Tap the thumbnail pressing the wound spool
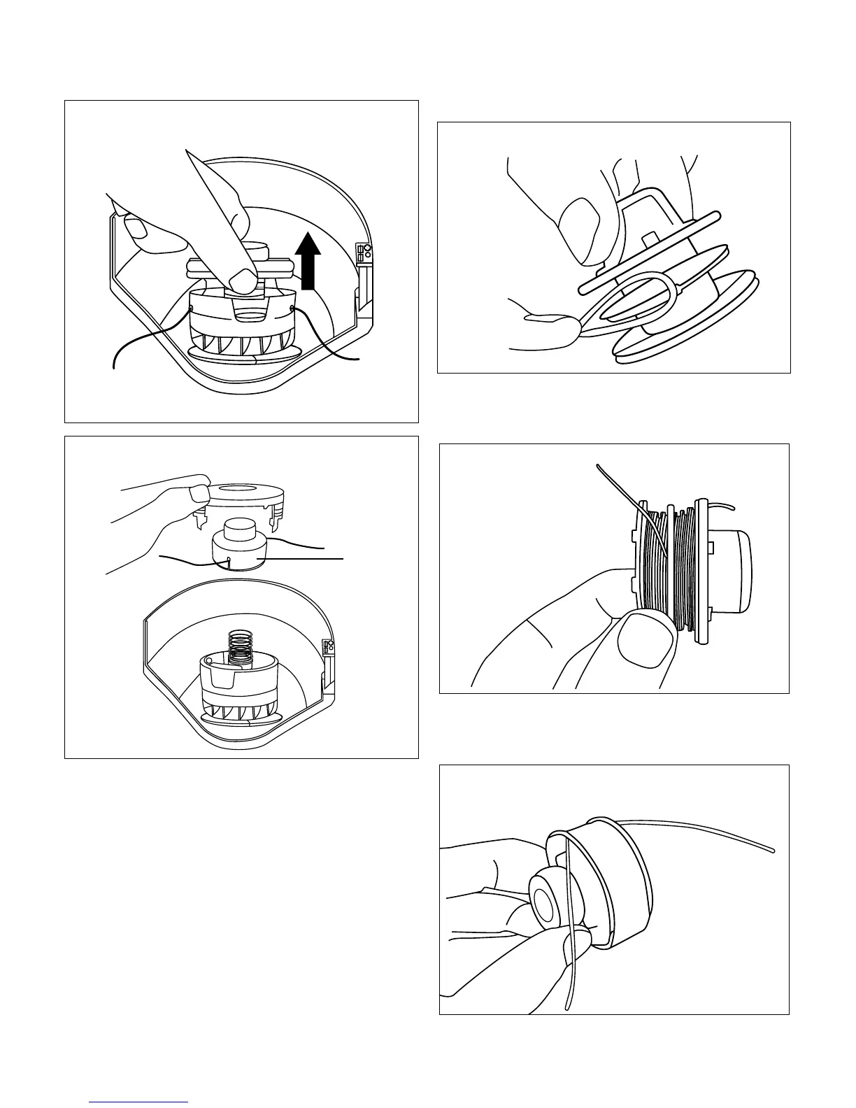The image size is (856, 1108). click(647, 639)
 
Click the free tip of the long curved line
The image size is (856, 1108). click(772, 851)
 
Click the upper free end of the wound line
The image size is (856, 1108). click(599, 467)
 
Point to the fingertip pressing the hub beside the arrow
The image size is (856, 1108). click(243, 281)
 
